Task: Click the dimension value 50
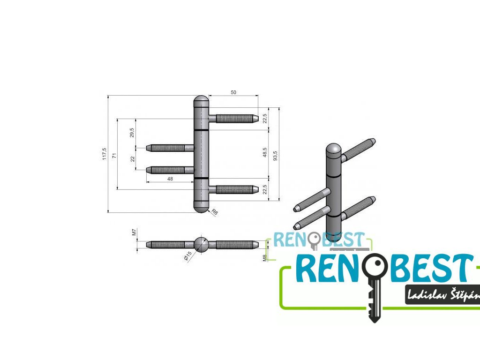pyautogui.click(x=233, y=92)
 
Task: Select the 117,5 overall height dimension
pyautogui.click(x=105, y=154)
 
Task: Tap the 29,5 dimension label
pyautogui.click(x=132, y=133)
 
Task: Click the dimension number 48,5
pyautogui.click(x=265, y=153)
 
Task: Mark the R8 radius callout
pyautogui.click(x=215, y=212)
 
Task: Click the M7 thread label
pyautogui.click(x=134, y=232)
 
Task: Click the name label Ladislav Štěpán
pyautogui.click(x=443, y=295)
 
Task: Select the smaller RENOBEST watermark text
pyautogui.click(x=319, y=240)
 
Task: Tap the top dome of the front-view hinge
pyautogui.click(x=201, y=101)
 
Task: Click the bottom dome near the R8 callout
pyautogui.click(x=201, y=208)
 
